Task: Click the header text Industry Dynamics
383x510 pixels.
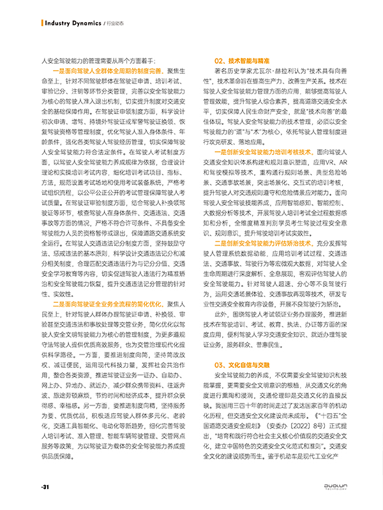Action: (x=73, y=23)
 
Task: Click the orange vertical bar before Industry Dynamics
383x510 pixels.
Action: (x=43, y=23)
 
